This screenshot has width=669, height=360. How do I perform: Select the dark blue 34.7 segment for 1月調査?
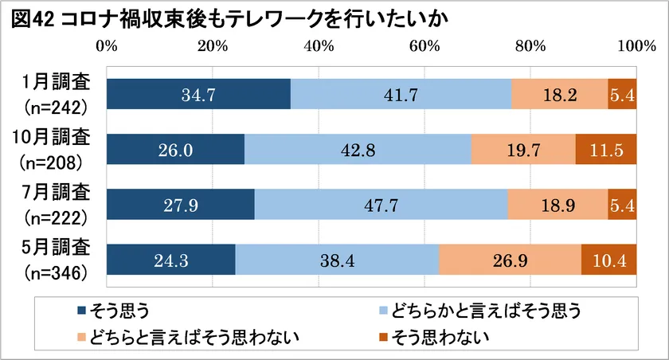(198, 95)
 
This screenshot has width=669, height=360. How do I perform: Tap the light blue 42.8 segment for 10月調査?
(358, 150)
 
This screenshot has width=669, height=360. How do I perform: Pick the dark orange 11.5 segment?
(606, 150)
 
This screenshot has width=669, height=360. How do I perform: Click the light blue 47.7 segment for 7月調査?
(381, 205)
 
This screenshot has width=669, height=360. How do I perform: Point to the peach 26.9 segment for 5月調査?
(510, 260)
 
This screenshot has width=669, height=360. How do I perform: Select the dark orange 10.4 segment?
(609, 260)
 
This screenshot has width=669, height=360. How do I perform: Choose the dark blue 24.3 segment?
(170, 260)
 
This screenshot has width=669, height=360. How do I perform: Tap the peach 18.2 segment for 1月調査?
(559, 95)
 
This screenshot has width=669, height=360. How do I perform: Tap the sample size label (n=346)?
(57, 272)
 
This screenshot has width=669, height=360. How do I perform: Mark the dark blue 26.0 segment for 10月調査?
(175, 150)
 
